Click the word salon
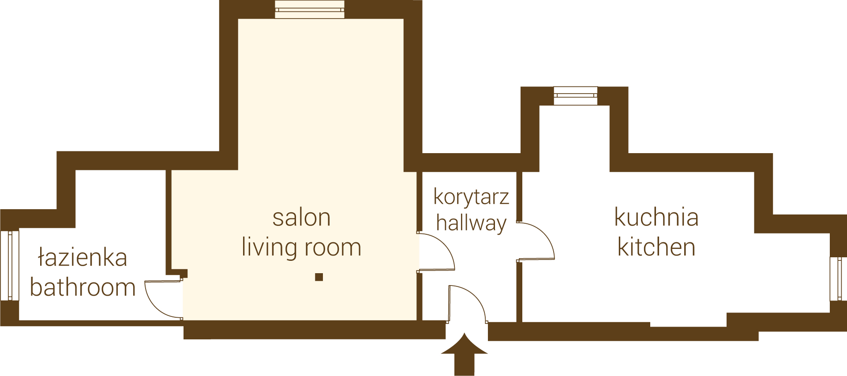point(301,218)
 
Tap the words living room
point(301,247)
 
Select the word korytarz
point(471,197)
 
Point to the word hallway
point(471,223)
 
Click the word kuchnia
point(656,217)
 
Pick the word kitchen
point(656,247)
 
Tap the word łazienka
point(83,257)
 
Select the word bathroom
point(83,287)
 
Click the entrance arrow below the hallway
point(464,354)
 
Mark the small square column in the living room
point(319,277)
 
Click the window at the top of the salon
point(309,9)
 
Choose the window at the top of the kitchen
point(576,95)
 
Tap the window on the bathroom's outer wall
point(9,265)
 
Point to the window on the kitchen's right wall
point(838,278)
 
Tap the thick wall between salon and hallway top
point(413,86)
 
